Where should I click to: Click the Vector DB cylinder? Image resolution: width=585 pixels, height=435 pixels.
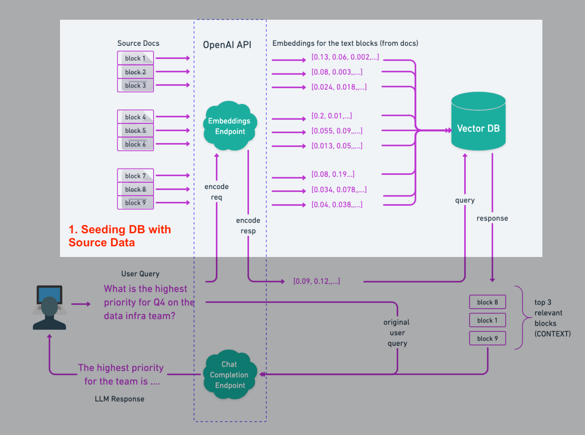[x=478, y=122]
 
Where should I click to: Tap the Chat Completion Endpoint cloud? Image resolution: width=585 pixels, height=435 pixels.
[x=229, y=375]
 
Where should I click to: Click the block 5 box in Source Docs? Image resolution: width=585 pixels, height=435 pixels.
[x=135, y=131]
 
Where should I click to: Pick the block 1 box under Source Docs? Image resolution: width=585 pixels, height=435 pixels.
[x=135, y=58]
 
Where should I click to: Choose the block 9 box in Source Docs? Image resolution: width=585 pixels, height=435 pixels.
[x=135, y=203]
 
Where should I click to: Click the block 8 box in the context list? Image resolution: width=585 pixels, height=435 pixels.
[x=487, y=302]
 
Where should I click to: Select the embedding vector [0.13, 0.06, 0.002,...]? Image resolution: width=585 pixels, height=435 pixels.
[x=345, y=57]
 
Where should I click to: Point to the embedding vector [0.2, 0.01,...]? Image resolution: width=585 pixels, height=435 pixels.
[x=332, y=116]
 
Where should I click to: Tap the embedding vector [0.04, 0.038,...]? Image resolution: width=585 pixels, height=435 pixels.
[x=337, y=205]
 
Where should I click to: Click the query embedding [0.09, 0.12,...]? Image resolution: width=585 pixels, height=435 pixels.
[x=317, y=281]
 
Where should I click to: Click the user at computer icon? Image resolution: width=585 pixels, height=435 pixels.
[x=49, y=307]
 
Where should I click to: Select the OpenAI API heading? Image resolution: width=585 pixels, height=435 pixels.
[x=227, y=45]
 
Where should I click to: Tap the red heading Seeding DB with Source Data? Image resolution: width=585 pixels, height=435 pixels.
[x=120, y=236]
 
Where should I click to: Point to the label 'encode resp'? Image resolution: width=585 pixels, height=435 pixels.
[x=248, y=226]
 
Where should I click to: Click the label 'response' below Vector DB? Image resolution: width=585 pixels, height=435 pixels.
[x=492, y=219]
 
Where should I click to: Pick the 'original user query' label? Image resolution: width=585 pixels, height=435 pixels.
[x=397, y=333]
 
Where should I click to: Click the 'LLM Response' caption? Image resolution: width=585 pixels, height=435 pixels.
[x=120, y=399]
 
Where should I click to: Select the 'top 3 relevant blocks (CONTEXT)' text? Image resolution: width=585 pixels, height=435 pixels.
[x=552, y=318]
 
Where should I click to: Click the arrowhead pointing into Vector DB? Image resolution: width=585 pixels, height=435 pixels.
[x=448, y=130]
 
